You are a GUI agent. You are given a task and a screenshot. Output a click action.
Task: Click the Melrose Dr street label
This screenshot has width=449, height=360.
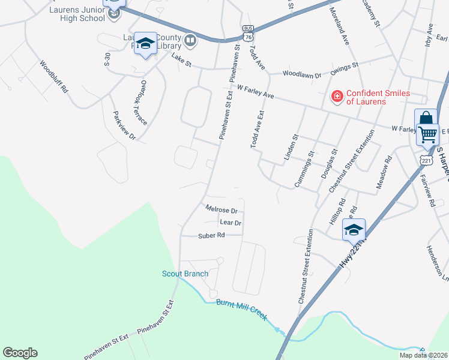point(221,211)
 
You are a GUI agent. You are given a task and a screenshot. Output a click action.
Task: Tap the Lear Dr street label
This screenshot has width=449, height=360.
point(231,223)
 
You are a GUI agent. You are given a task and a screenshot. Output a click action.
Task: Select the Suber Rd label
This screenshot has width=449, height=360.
point(211,236)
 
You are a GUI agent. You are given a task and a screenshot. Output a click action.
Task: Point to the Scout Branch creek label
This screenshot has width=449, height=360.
point(185,274)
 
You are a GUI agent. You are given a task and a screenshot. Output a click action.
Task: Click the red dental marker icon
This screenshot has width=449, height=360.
point(337,95)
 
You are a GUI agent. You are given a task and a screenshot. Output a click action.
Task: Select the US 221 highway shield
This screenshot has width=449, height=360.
point(427,161)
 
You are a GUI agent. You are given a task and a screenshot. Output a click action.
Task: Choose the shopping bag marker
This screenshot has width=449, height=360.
point(426,118)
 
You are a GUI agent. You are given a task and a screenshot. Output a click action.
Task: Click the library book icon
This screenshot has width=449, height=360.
point(191,41)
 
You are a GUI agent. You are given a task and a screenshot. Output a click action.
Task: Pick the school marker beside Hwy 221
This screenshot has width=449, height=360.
point(354,229)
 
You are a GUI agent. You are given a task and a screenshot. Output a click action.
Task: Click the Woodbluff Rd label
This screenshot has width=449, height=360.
point(55,76)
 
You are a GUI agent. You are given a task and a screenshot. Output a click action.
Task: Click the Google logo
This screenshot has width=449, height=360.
point(20,353)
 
